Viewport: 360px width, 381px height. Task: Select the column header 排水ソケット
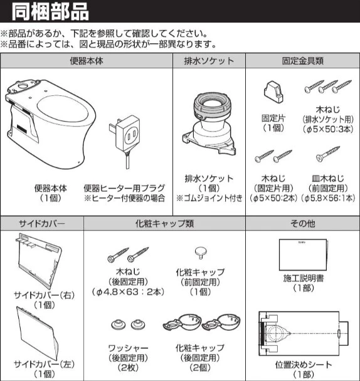click(208, 61)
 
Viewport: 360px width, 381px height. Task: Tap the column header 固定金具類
click(302, 61)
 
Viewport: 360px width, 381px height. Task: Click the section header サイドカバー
click(41, 222)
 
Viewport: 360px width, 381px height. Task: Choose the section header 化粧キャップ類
click(164, 222)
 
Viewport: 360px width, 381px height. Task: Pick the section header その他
click(302, 222)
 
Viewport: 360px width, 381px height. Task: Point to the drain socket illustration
click(208, 125)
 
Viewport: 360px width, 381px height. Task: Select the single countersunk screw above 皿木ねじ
click(327, 155)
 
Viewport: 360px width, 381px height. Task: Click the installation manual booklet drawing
click(303, 254)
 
